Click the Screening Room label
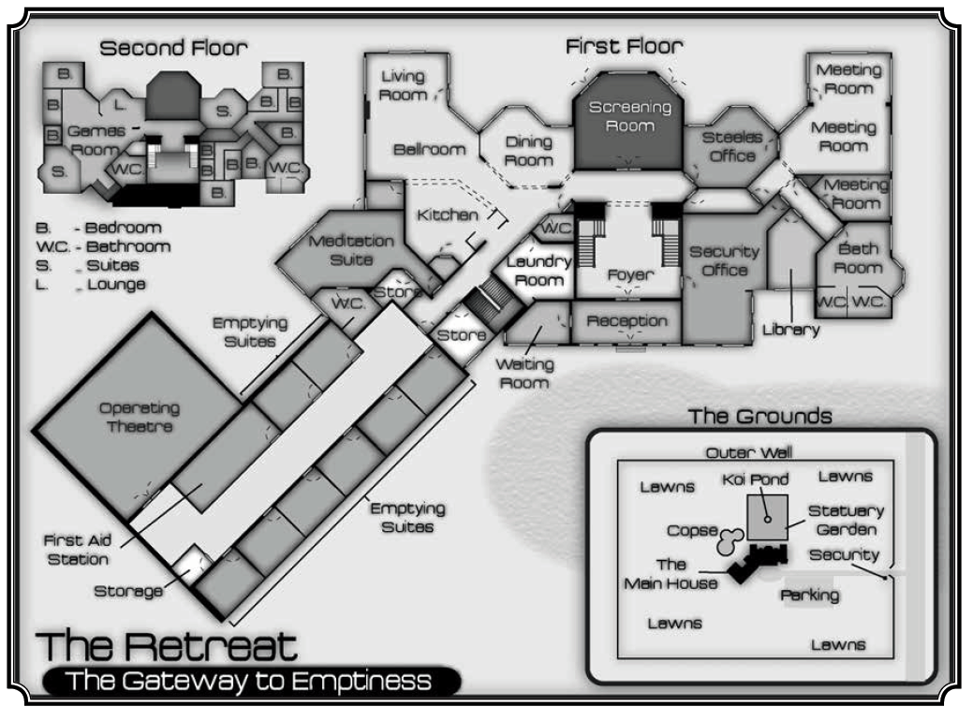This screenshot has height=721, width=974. (x=629, y=116)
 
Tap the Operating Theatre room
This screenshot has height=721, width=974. (x=139, y=418)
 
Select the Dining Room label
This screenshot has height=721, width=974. (x=528, y=150)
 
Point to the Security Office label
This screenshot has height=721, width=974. (x=724, y=260)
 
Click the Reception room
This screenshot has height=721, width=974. (x=627, y=321)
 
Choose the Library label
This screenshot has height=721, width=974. (x=790, y=330)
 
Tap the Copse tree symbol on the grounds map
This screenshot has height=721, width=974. (x=729, y=539)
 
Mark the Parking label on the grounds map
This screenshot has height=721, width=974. (x=808, y=595)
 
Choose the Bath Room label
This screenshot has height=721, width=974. (x=859, y=258)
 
